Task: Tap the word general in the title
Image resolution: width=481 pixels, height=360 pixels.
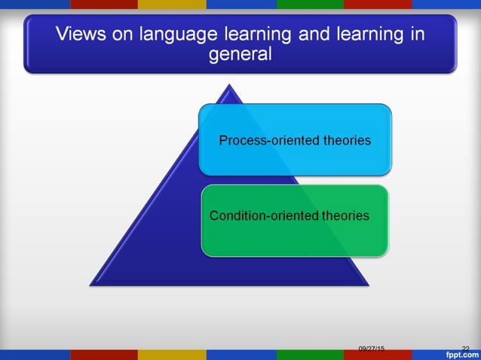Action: point(240,56)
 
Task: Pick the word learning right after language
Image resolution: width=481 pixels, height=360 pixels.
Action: point(244,35)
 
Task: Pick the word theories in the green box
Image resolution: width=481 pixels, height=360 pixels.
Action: point(345,216)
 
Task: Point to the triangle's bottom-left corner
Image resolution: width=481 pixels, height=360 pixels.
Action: point(91,285)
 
